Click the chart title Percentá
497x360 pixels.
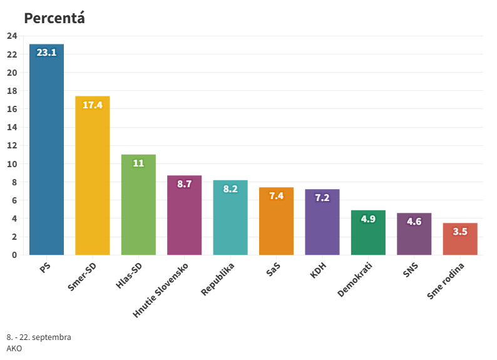pyautogui.click(x=54, y=18)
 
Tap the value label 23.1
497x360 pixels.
pyautogui.click(x=46, y=53)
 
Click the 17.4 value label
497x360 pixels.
pyautogui.click(x=93, y=105)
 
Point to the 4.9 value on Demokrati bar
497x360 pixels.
pyautogui.click(x=368, y=219)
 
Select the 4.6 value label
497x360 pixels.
pyautogui.click(x=414, y=222)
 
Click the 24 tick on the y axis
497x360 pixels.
pyautogui.click(x=12, y=36)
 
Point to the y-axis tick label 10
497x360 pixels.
pyautogui.click(x=12, y=164)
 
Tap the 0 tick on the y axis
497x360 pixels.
pyautogui.click(x=14, y=255)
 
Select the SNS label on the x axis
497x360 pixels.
pyautogui.click(x=411, y=272)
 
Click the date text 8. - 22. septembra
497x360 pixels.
pyautogui.click(x=39, y=337)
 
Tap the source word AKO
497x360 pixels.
pyautogui.click(x=14, y=348)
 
